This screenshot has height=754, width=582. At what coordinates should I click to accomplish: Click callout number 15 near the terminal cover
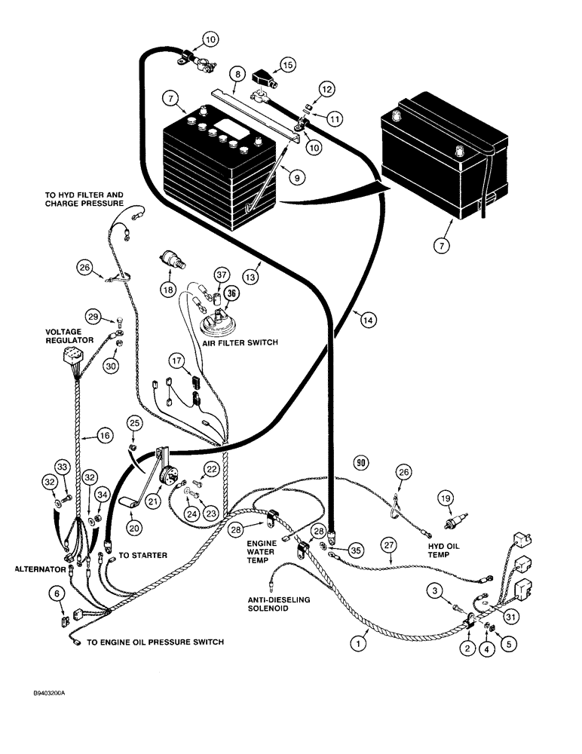point(289,65)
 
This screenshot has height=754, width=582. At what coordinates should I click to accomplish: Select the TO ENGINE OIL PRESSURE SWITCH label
point(155,642)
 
